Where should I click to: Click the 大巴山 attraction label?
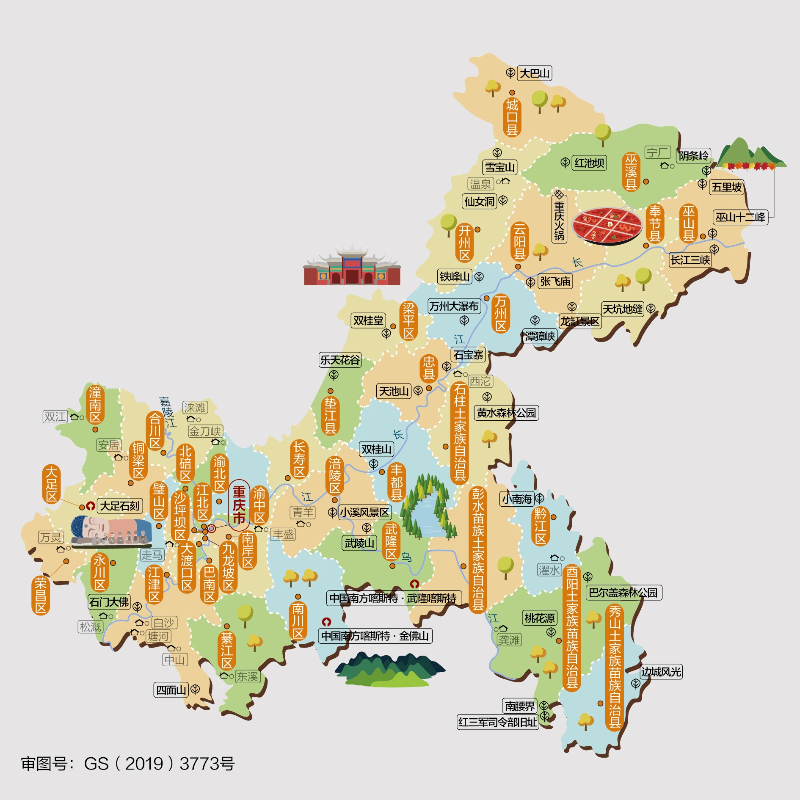click(534, 73)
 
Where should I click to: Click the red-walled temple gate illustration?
click(352, 266)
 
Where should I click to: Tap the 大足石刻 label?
click(120, 506)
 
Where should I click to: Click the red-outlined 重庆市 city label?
click(239, 505)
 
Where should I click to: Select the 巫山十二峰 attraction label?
click(740, 218)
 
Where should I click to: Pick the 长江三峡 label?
click(690, 260)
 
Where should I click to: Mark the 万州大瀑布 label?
click(454, 306)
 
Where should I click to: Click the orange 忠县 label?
click(429, 368)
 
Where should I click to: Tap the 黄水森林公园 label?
click(506, 413)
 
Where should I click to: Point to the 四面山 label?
click(171, 690)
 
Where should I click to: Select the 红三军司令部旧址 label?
click(497, 722)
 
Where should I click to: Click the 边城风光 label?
click(661, 672)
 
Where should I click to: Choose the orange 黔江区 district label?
click(541, 527)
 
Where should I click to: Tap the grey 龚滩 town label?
click(509, 640)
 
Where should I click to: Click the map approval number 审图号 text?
click(127, 764)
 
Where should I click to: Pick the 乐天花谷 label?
click(340, 360)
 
